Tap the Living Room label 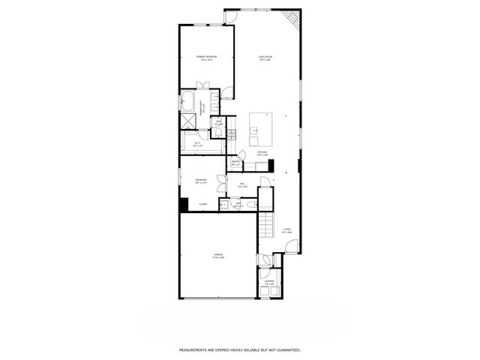tap(265, 58)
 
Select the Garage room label tap(217, 256)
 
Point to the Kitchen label tap(262, 151)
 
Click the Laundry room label tap(268, 283)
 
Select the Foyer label tap(286, 231)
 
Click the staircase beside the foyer tap(265, 224)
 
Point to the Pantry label tap(235, 162)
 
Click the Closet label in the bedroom tap(202, 204)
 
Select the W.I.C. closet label tap(197, 144)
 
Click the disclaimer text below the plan tap(239, 349)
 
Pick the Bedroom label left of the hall tap(201, 181)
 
